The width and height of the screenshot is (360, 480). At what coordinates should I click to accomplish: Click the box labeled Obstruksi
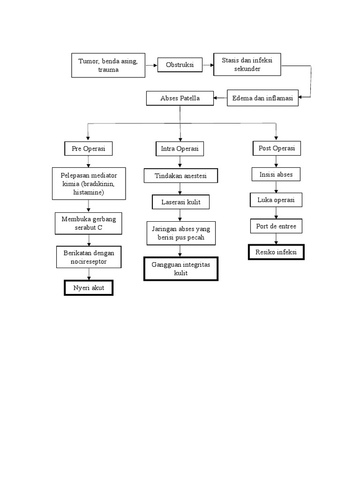pyautogui.click(x=180, y=65)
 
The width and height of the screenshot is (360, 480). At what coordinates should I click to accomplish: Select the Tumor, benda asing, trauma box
pyautogui.click(x=108, y=65)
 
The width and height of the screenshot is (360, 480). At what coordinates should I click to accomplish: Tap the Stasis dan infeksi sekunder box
pyautogui.click(x=247, y=65)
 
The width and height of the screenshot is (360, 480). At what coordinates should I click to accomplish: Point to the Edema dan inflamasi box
pyautogui.click(x=262, y=98)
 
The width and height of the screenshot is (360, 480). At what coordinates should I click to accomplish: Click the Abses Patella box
pyautogui.click(x=180, y=98)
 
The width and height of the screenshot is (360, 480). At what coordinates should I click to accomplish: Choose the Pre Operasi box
pyautogui.click(x=89, y=149)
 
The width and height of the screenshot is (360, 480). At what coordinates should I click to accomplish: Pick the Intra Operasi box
pyautogui.click(x=180, y=149)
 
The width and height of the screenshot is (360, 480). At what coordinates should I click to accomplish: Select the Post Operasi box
pyautogui.click(x=277, y=148)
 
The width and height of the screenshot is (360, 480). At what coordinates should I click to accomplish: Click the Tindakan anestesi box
pyautogui.click(x=180, y=176)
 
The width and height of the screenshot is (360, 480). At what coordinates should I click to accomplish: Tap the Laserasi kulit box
pyautogui.click(x=180, y=202)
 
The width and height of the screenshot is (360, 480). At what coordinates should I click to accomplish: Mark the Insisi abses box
pyautogui.click(x=276, y=174)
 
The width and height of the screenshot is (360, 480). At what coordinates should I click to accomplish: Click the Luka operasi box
pyautogui.click(x=276, y=200)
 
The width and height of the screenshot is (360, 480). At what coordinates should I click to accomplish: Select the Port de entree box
pyautogui.click(x=276, y=226)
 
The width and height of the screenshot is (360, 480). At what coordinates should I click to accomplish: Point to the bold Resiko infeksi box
pyautogui.click(x=276, y=252)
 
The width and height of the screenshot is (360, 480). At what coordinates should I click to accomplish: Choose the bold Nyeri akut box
pyautogui.click(x=89, y=287)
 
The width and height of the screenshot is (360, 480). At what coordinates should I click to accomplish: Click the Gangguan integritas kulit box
pyautogui.click(x=180, y=269)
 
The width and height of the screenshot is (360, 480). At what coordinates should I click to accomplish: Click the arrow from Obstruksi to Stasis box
pyautogui.click(x=208, y=65)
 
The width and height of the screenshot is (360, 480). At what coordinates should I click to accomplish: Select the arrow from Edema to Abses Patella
pyautogui.click(x=220, y=98)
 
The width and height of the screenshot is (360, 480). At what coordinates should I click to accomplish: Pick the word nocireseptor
pyautogui.click(x=89, y=262)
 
